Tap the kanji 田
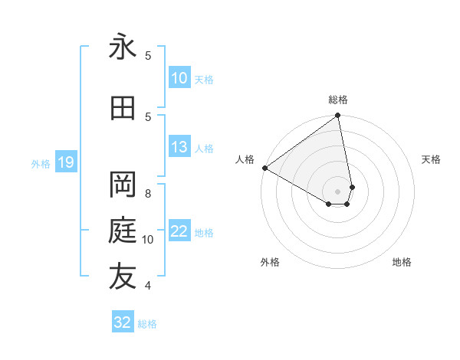[123, 109]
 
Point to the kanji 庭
[123, 231]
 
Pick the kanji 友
[123, 277]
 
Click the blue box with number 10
[179, 78]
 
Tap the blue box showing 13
[179, 148]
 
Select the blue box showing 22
[179, 232]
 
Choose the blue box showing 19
[66, 162]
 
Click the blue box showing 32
[123, 322]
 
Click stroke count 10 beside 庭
[148, 240]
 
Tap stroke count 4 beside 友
[148, 286]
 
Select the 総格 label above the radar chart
[338, 100]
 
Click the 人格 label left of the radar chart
[245, 159]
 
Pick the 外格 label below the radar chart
[270, 262]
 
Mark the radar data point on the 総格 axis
[337, 116]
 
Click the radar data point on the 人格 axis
[264, 168]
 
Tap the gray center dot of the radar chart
[338, 191]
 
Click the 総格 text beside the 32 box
[147, 324]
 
